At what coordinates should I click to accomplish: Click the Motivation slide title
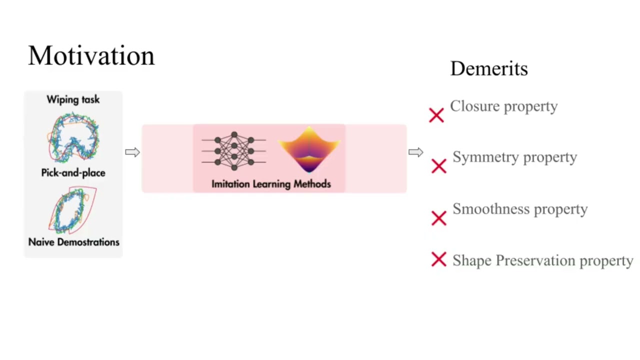(91, 55)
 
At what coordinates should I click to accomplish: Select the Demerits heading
(488, 68)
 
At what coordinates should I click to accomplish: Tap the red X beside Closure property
(436, 115)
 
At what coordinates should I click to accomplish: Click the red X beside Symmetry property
(438, 166)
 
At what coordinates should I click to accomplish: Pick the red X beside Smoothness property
(438, 218)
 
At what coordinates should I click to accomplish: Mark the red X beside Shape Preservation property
(438, 259)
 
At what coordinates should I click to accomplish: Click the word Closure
(474, 106)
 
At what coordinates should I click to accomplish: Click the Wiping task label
(73, 99)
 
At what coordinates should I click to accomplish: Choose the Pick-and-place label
(73, 173)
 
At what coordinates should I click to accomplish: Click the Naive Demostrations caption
(73, 242)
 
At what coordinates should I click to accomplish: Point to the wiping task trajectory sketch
(73, 137)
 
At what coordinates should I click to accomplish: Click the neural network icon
(233, 150)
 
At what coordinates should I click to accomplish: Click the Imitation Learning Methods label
(271, 184)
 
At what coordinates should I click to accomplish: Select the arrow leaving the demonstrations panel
(132, 152)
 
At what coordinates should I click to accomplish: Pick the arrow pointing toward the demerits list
(415, 152)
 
